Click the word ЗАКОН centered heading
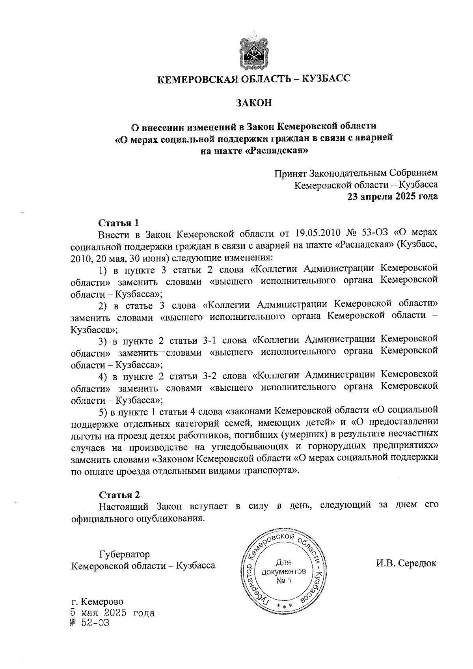tap(254, 103)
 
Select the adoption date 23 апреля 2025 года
tap(392, 196)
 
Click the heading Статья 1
tap(118, 223)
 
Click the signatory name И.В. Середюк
tap(406, 563)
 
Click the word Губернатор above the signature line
tap(125, 554)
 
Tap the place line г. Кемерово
tap(97, 602)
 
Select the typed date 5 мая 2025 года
tap(112, 613)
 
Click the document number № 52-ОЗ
tap(89, 623)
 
